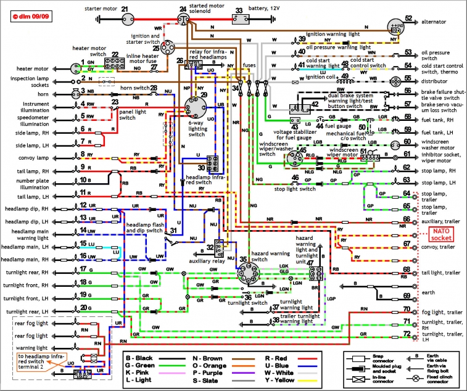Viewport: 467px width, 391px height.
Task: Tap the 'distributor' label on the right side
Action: pos(436,81)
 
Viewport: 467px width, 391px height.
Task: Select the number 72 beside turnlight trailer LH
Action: pos(406,334)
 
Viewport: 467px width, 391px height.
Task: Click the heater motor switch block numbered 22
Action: pos(113,64)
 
